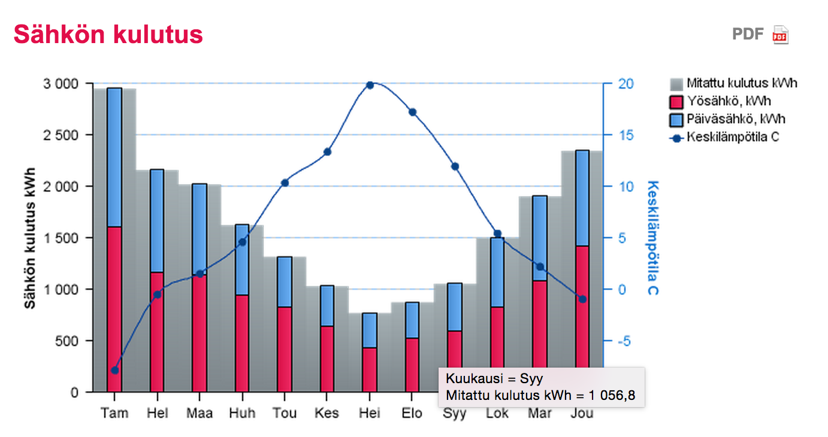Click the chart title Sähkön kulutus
[108, 35]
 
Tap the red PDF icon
[780, 35]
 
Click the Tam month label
[114, 413]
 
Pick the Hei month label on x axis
[370, 413]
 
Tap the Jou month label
[582, 413]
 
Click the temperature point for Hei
[370, 85]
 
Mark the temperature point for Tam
[115, 370]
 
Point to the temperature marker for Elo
[412, 112]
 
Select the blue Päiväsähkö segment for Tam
[114, 157]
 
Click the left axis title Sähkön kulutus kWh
[30, 238]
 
